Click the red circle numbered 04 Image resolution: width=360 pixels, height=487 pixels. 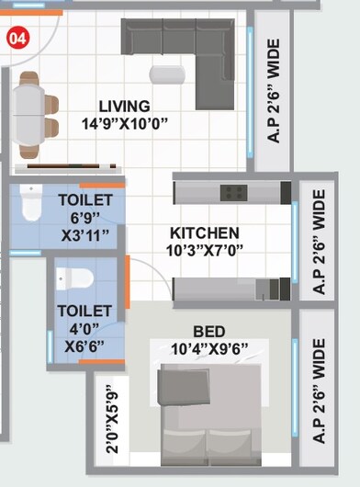click(x=17, y=38)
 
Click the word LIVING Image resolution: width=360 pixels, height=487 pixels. click(x=124, y=107)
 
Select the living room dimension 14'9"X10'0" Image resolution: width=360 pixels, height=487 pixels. click(x=125, y=123)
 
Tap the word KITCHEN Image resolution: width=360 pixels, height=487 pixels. click(x=204, y=233)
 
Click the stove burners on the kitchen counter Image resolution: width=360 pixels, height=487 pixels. click(x=232, y=193)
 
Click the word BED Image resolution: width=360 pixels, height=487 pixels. click(x=209, y=331)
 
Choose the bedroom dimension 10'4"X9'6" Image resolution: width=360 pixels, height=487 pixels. click(x=209, y=348)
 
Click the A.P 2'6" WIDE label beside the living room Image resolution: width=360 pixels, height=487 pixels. click(x=273, y=90)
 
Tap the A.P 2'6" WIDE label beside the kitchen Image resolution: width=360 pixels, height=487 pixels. click(x=319, y=241)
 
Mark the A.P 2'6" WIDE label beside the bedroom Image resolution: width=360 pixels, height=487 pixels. click(x=319, y=390)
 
